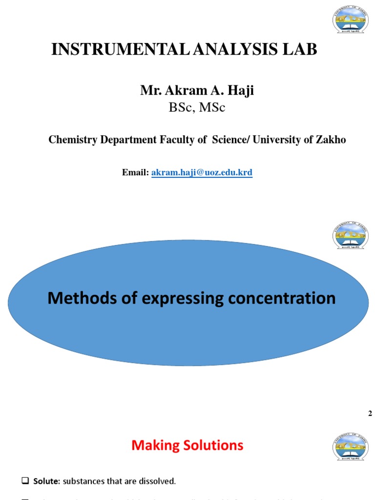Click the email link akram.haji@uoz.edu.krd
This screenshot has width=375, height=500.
click(202, 173)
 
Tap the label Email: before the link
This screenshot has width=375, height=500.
click(135, 173)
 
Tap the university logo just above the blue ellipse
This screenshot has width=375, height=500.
click(350, 236)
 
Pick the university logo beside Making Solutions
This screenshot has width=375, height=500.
click(350, 446)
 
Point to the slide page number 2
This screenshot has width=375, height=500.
click(370, 414)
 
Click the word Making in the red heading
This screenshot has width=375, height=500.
click(156, 445)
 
